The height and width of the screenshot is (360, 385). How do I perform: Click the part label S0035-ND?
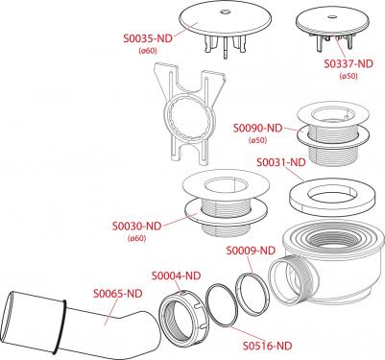pyautogui.click(x=148, y=38)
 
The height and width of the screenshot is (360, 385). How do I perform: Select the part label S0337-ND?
pyautogui.click(x=349, y=64)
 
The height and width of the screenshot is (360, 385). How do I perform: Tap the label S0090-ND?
pyautogui.click(x=257, y=129)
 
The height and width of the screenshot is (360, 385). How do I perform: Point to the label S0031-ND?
pyautogui.click(x=281, y=162)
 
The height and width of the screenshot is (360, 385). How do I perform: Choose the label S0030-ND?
pyautogui.click(x=136, y=227)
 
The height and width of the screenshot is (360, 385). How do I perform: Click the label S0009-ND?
pyautogui.click(x=251, y=251)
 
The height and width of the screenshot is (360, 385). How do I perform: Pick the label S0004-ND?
pyautogui.click(x=176, y=276)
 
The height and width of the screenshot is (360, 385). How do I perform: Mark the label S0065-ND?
pyautogui.click(x=118, y=294)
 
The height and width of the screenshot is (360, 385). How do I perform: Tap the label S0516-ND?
pyautogui.click(x=268, y=346)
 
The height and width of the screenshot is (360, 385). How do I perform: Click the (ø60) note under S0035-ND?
pyautogui.click(x=148, y=51)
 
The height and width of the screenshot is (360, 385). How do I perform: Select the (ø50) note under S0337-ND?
pyautogui.click(x=349, y=76)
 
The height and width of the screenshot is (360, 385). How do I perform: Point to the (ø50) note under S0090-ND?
pyautogui.click(x=257, y=140)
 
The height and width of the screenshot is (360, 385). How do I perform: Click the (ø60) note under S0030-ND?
pyautogui.click(x=136, y=238)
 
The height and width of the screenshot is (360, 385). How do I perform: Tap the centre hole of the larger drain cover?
pyautogui.click(x=224, y=12)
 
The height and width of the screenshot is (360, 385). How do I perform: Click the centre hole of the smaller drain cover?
pyautogui.click(x=332, y=15)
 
